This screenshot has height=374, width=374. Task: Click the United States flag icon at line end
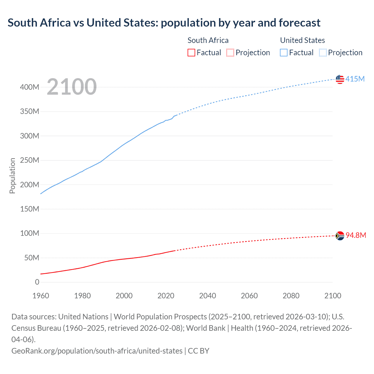[340, 79]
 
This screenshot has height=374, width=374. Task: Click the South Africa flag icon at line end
[340, 236]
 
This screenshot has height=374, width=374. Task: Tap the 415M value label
[355, 79]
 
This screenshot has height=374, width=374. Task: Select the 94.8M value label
[356, 235]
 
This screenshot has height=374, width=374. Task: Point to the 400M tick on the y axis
[30, 87]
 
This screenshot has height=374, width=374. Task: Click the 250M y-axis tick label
[30, 160]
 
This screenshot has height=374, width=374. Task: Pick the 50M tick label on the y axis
[32, 258]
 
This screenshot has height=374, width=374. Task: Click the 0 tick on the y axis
[37, 282]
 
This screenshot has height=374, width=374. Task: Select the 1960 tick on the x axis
[41, 296]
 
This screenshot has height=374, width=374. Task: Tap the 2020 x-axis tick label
[166, 296]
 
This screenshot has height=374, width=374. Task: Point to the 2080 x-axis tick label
[291, 296]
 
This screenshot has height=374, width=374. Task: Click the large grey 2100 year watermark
[72, 87]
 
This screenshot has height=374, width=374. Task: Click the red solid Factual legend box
[191, 53]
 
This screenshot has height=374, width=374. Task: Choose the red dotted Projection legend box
[230, 53]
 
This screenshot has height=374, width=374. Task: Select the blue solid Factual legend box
[283, 53]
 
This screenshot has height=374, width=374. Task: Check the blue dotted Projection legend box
[323, 53]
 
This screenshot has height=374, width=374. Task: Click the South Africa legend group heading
[208, 40]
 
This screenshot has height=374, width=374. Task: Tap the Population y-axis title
[12, 176]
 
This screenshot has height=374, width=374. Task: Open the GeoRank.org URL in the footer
[97, 351]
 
